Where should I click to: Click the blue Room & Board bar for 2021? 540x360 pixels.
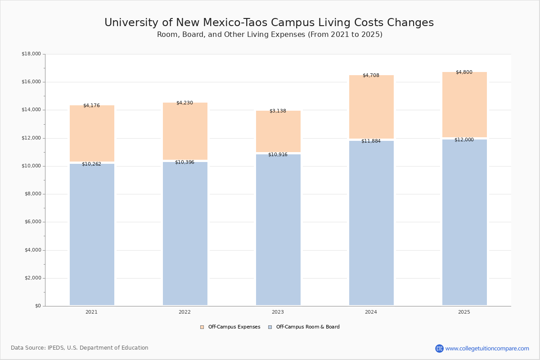click(92, 234)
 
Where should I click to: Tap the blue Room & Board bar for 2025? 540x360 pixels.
click(464, 223)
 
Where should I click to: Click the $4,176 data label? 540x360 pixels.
click(91, 106)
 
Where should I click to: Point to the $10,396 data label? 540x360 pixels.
click(184, 162)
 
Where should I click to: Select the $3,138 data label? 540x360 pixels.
click(278, 111)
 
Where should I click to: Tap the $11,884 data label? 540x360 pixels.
click(371, 141)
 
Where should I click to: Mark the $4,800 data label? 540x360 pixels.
click(464, 72)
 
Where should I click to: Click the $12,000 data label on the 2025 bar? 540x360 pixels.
click(464, 140)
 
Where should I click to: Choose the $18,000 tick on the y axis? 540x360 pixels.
click(31, 54)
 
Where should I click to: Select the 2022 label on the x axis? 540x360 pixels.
click(184, 312)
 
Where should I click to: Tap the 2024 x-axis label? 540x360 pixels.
click(371, 312)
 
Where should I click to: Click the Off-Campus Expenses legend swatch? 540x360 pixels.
click(202, 327)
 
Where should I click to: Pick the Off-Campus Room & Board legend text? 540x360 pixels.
click(308, 327)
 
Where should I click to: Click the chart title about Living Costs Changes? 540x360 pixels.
click(269, 23)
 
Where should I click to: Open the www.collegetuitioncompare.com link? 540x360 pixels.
click(487, 348)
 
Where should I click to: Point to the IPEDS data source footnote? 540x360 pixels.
click(80, 348)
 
